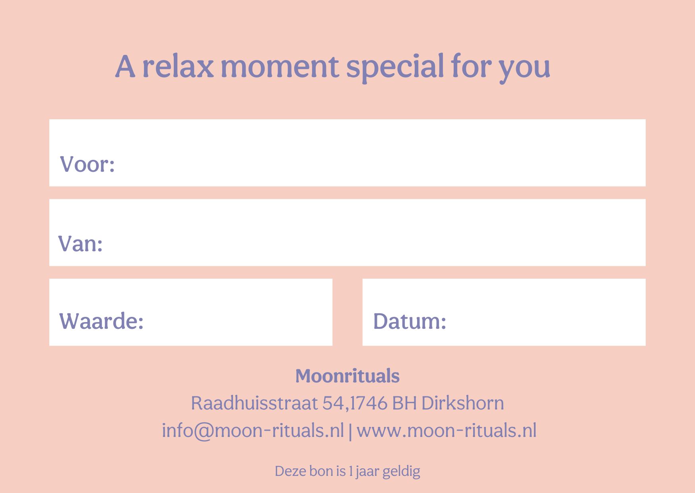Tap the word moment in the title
coord(280,67)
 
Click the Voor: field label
coord(87,164)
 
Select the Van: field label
coord(81,243)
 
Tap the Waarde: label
coord(101,321)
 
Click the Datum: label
coord(410,321)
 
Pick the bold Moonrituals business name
coord(347,376)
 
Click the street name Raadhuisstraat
coord(254,403)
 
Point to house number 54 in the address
coord(333,403)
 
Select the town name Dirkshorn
coord(462,403)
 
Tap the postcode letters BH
coord(404,403)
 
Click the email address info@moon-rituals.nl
coord(253,431)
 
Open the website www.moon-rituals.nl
coord(447,431)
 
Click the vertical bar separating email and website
coord(350,431)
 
